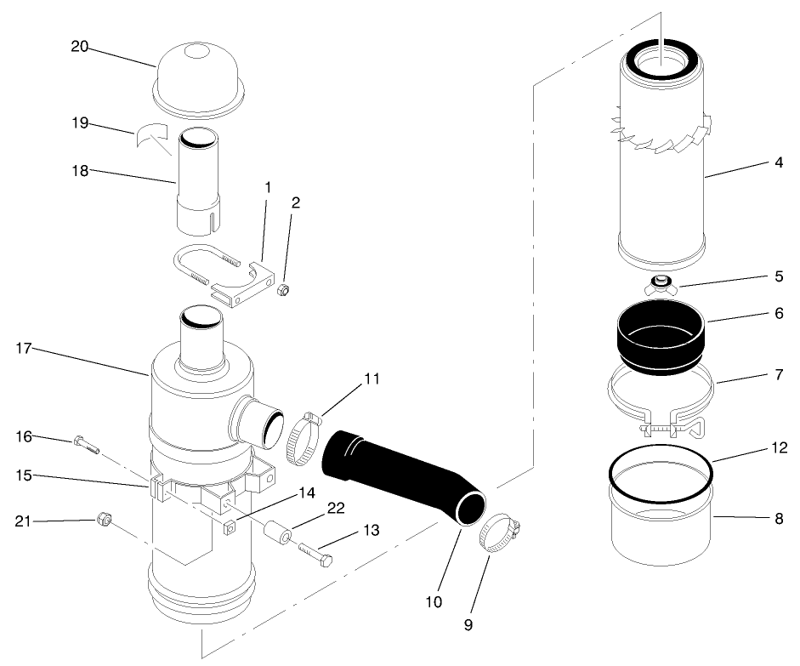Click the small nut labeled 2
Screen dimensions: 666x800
(x=285, y=292)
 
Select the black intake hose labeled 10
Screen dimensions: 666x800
(x=400, y=476)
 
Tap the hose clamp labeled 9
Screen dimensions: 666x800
(x=499, y=533)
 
